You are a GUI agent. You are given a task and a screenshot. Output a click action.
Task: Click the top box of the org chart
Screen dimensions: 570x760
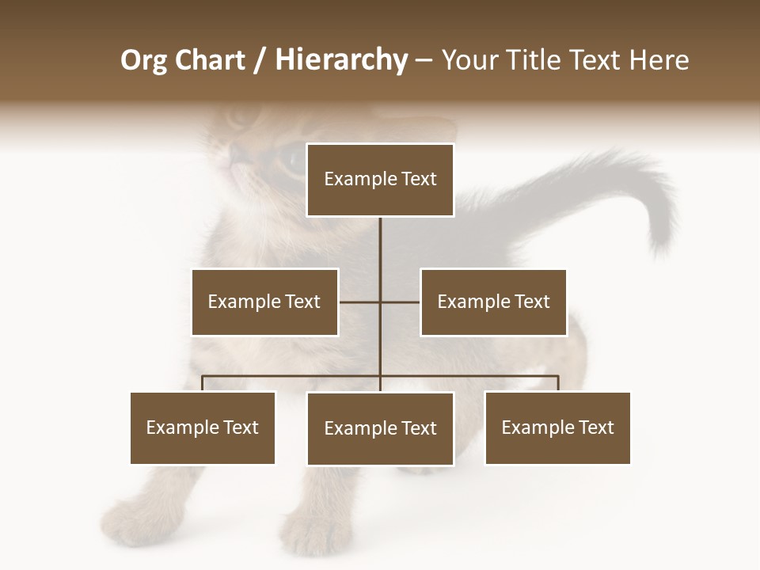pyautogui.click(x=380, y=180)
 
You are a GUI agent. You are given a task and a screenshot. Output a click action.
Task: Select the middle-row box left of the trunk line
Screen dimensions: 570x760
pyautogui.click(x=264, y=302)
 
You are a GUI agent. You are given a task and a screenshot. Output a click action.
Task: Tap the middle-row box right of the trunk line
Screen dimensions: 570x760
pyautogui.click(x=493, y=302)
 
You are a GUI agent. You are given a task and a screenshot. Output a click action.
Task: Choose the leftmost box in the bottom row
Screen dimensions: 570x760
pyautogui.click(x=203, y=427)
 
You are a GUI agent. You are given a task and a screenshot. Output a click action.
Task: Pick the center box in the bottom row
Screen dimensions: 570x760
pyautogui.click(x=380, y=428)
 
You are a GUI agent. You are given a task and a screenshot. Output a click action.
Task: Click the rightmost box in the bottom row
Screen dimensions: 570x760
pyautogui.click(x=557, y=427)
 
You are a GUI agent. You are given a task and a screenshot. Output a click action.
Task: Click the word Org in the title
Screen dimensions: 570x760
pyautogui.click(x=143, y=60)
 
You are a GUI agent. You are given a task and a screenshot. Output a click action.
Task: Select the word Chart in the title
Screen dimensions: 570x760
pyautogui.click(x=210, y=60)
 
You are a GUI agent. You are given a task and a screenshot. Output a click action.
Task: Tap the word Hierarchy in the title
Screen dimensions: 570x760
pyautogui.click(x=340, y=60)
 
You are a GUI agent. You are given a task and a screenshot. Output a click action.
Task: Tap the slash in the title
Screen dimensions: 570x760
pyautogui.click(x=260, y=61)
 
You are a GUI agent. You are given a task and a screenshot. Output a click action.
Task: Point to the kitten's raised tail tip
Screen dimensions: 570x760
pyautogui.click(x=659, y=237)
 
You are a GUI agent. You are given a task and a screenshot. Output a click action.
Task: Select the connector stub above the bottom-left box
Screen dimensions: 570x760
pyautogui.click(x=203, y=383)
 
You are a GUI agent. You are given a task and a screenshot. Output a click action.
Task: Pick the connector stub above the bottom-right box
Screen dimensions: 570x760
pyautogui.click(x=557, y=383)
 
